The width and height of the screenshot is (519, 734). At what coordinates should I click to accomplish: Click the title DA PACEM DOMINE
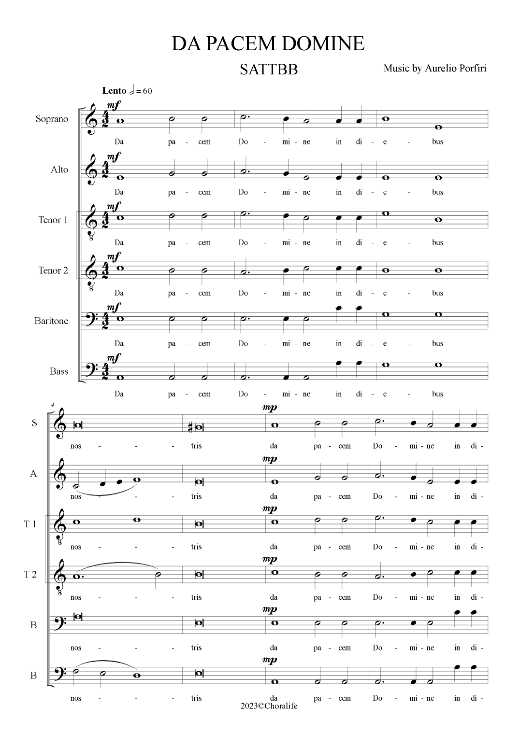[x=268, y=44]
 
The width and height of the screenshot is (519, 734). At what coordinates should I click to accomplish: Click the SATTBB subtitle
[x=269, y=70]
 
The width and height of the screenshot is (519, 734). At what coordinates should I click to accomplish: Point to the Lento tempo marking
[x=114, y=91]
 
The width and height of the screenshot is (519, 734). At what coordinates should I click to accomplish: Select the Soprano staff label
[x=52, y=119]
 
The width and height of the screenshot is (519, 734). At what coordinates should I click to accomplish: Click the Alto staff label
[x=59, y=169]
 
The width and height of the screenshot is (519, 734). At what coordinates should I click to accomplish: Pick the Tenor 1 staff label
[x=53, y=220]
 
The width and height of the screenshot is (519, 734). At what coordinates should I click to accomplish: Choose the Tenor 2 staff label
[x=53, y=270]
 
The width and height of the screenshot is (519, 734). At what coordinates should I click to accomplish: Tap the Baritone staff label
[x=51, y=321]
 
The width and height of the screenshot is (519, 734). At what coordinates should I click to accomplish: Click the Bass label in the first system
[x=59, y=371]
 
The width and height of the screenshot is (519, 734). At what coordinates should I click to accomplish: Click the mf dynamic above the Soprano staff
[x=114, y=105]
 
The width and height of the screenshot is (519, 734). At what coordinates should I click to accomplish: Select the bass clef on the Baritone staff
[x=89, y=319]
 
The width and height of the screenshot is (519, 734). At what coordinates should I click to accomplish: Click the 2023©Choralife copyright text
[x=269, y=706]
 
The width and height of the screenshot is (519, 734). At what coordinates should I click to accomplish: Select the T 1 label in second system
[x=30, y=524]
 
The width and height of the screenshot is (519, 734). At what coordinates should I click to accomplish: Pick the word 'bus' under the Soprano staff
[x=438, y=141]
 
